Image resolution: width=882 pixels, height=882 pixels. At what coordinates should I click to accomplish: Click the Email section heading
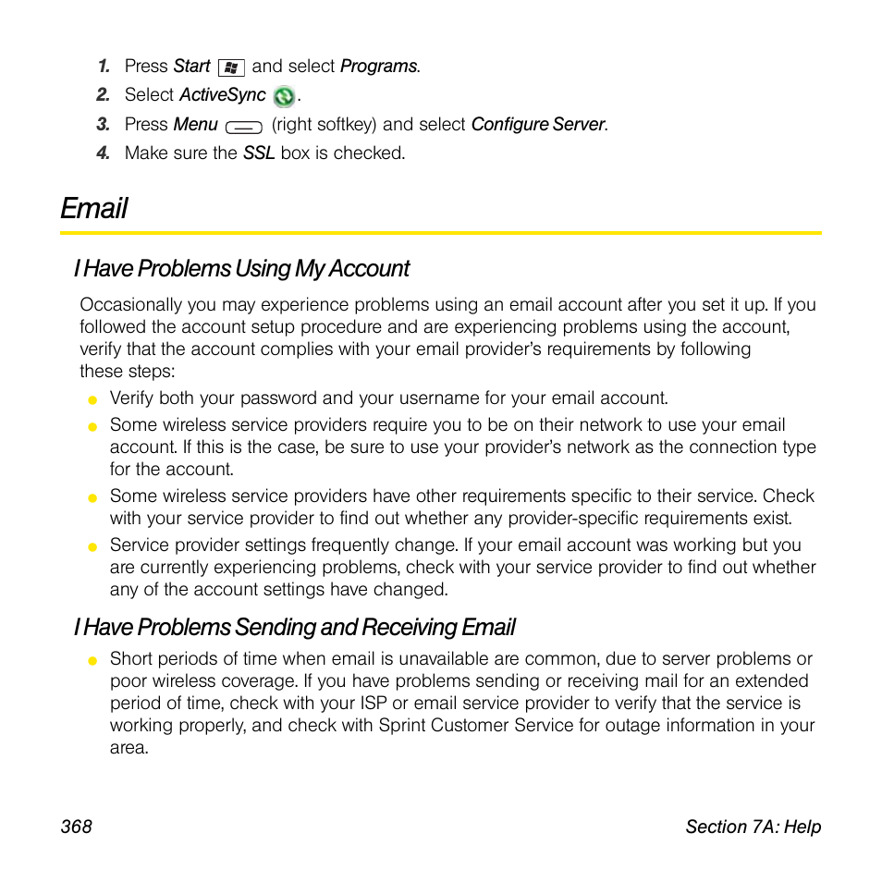click(x=94, y=208)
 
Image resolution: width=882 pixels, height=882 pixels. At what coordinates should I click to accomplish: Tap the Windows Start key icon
click(x=231, y=67)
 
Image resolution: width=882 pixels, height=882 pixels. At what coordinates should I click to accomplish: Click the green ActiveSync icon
click(x=285, y=96)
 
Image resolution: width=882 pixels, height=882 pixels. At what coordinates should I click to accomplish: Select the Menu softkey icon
click(x=243, y=127)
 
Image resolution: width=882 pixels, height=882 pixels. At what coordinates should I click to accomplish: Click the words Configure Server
click(x=538, y=124)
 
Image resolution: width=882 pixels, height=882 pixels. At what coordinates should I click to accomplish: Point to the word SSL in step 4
click(x=258, y=153)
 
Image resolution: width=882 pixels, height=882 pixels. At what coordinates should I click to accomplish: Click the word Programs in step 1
click(x=378, y=67)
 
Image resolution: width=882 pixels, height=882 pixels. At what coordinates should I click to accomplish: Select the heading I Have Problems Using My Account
click(x=241, y=268)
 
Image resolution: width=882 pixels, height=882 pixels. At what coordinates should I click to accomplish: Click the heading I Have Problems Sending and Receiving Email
click(x=294, y=627)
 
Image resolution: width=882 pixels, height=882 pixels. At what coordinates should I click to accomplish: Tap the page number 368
click(x=77, y=827)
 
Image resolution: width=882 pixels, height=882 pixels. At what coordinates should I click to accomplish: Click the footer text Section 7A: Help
click(x=753, y=827)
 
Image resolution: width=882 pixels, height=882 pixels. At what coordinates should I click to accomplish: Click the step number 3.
click(x=104, y=124)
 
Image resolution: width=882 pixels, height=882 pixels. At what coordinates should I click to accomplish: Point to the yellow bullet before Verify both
click(x=92, y=400)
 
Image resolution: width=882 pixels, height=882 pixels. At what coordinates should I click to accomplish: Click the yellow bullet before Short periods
click(x=92, y=660)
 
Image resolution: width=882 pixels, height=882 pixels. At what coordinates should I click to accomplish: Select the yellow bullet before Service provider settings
click(x=92, y=546)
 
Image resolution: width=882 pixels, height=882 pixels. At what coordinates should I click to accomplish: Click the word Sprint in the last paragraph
click(x=403, y=725)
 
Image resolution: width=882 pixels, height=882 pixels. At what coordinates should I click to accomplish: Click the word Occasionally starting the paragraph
click(x=130, y=304)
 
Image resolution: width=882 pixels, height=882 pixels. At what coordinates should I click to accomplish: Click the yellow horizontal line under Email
click(x=441, y=232)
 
